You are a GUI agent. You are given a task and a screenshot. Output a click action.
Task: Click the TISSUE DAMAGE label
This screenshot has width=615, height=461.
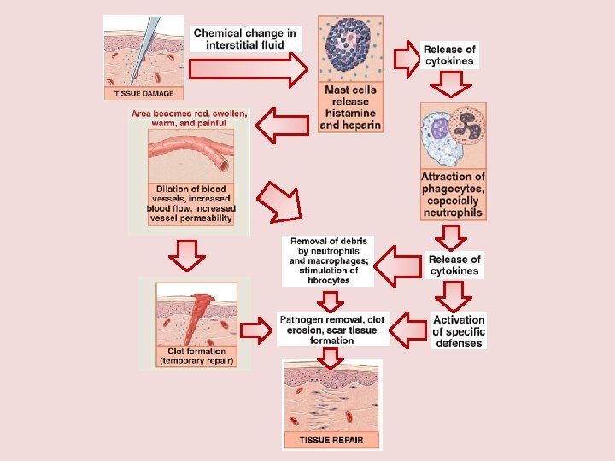point(143,93)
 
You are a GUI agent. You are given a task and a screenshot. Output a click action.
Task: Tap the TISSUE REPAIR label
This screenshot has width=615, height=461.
point(331,441)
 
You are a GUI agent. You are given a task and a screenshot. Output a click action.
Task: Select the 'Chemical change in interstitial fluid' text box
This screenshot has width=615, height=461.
point(245,38)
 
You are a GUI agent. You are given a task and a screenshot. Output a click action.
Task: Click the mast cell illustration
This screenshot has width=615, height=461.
point(351,50)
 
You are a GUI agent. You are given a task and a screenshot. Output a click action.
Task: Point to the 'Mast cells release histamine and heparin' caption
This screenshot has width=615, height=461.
point(350,108)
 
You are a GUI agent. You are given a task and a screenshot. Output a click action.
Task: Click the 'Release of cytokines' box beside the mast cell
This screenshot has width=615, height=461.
point(449,55)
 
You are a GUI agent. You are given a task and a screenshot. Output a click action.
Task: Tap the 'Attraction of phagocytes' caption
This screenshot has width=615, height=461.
point(453,195)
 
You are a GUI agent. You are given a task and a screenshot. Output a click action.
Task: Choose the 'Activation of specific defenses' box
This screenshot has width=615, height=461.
point(459,331)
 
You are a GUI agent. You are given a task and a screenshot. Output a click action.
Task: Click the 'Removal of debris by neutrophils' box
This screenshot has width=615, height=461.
point(328,260)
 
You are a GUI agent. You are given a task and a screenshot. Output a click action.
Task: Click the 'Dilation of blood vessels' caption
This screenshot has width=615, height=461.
point(190,203)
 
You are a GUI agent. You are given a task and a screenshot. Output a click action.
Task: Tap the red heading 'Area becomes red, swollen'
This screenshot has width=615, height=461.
point(189,118)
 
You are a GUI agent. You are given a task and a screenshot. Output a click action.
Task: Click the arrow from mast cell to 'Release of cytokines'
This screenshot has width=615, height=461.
point(405,56)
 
